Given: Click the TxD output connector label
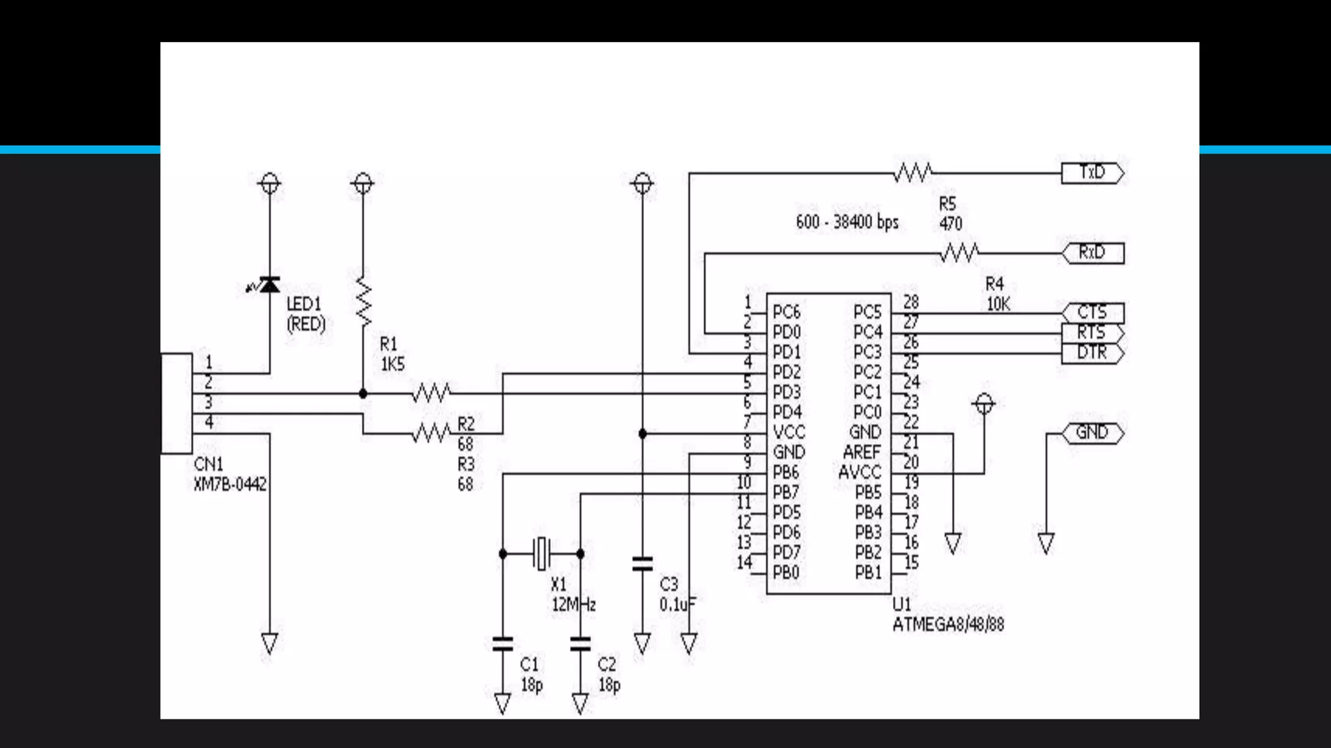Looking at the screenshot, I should tap(1092, 173).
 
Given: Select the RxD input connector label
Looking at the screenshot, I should tap(1092, 252).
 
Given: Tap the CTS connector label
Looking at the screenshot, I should tap(1092, 312).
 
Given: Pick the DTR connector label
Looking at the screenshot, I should tap(1092, 353).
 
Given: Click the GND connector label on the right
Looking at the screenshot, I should tap(1092, 432).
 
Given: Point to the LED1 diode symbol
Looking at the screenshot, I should tap(269, 285).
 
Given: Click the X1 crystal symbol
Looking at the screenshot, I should tap(541, 554).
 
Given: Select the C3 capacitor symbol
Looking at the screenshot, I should tap(642, 564).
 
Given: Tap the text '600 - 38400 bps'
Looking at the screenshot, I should tap(847, 222).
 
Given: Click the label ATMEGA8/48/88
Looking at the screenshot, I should tap(948, 625).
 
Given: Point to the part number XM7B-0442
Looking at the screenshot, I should tap(230, 484).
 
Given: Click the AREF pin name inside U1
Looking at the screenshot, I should tap(862, 452).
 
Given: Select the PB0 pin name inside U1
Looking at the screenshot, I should tap(786, 573).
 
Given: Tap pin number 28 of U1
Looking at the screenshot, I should tap(911, 302).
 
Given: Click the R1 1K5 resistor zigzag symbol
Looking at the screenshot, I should tap(363, 303).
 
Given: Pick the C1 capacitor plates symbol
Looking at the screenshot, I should tap(502, 644).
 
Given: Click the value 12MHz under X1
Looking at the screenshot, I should tap(573, 605).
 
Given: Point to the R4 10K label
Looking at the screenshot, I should tap(996, 294).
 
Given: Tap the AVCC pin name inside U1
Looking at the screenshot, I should tap(859, 472).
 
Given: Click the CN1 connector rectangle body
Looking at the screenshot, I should tap(177, 403).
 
